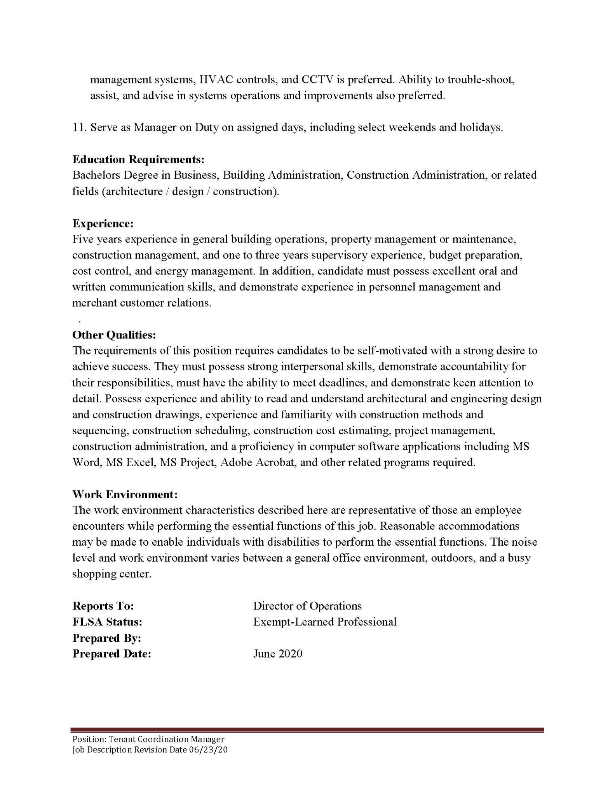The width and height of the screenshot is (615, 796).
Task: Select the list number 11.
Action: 79,127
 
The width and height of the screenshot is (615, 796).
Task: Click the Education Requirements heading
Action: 138,159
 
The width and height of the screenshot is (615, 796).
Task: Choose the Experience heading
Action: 103,223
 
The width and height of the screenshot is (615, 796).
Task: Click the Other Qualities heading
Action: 114,335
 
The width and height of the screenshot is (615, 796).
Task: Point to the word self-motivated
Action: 392,351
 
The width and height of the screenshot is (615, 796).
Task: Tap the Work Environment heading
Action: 125,494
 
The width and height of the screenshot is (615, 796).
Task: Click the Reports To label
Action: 103,606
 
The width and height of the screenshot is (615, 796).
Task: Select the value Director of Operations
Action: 307,606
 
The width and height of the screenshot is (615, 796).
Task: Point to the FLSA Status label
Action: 107,622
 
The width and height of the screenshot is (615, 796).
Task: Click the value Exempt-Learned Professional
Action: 325,622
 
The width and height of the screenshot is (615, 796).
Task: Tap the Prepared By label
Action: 106,638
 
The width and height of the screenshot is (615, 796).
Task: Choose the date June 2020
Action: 277,654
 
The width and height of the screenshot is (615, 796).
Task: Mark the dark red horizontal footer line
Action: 307,730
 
